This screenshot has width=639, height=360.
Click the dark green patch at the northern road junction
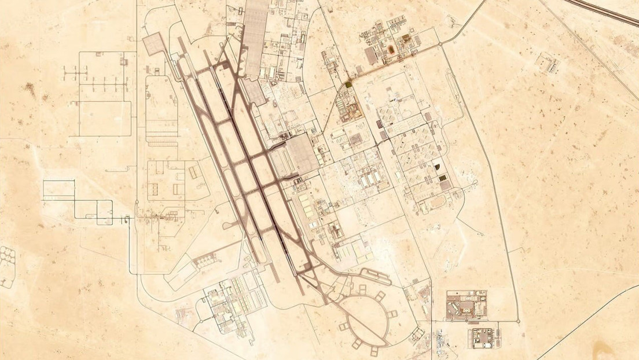pyautogui.click(x=348, y=85)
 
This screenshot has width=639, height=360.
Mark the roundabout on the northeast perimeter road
pyautogui.click(x=439, y=44)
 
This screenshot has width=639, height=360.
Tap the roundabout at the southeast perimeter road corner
pyautogui.click(x=517, y=320)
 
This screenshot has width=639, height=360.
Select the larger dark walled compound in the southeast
pyautogui.click(x=466, y=306)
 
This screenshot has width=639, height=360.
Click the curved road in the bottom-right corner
pyautogui.click(x=585, y=336)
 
